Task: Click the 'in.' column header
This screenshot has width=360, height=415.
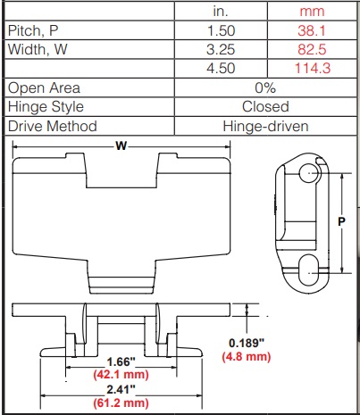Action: [x=221, y=12]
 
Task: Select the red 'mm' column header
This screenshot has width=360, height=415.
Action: [x=312, y=12]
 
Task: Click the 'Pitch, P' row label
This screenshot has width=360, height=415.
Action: [x=33, y=30]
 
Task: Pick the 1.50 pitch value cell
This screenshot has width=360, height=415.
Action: [x=221, y=30]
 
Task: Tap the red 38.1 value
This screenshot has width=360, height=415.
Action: [x=312, y=30]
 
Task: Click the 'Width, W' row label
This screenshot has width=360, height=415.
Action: [x=38, y=49]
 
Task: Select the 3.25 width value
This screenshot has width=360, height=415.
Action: [x=221, y=49]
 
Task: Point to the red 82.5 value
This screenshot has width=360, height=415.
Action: [x=312, y=49]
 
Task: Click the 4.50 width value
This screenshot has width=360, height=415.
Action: [x=221, y=69]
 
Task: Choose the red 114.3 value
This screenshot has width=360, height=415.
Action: [x=313, y=69]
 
